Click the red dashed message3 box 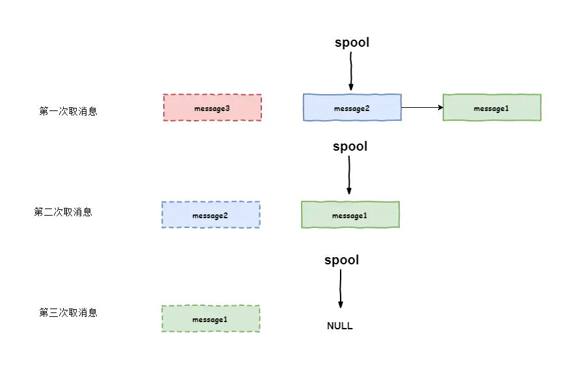click(x=213, y=108)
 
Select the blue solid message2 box click(x=352, y=107)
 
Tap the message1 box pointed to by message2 click(x=492, y=107)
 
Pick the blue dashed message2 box click(x=211, y=215)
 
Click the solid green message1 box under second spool click(x=350, y=215)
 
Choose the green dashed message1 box click(x=211, y=318)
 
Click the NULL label click(x=340, y=326)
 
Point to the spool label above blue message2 click(x=352, y=42)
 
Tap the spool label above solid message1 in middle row click(x=350, y=147)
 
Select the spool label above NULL click(x=341, y=260)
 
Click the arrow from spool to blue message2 click(x=350, y=71)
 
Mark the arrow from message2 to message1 click(x=423, y=107)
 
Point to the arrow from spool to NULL click(x=341, y=288)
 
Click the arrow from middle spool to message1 click(x=349, y=175)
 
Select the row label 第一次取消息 click(x=68, y=111)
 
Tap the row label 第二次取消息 click(x=63, y=212)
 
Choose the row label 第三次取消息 click(x=68, y=312)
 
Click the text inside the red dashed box click(x=212, y=108)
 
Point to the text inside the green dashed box click(x=210, y=320)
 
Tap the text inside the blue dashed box click(x=210, y=216)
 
